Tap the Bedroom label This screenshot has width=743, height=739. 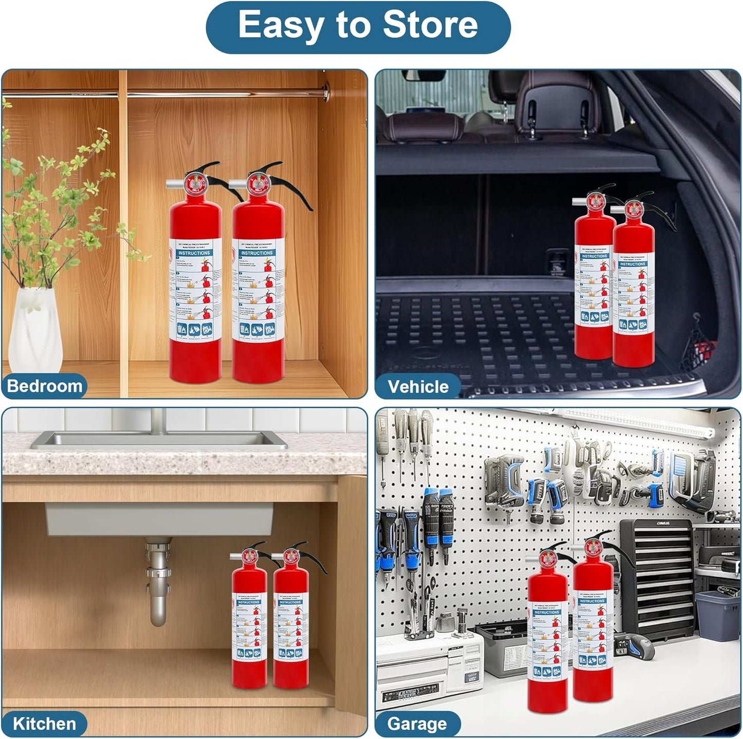click(x=44, y=386)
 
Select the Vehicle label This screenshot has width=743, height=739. click(x=418, y=387)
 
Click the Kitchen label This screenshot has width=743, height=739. click(x=44, y=724)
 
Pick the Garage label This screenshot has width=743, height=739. click(x=416, y=724)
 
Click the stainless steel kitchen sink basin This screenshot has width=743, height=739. click(x=159, y=440)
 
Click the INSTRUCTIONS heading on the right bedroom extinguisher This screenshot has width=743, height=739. click(x=257, y=253)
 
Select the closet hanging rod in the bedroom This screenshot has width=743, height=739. click(x=221, y=94)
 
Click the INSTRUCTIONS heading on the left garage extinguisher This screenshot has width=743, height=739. click(x=546, y=612)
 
